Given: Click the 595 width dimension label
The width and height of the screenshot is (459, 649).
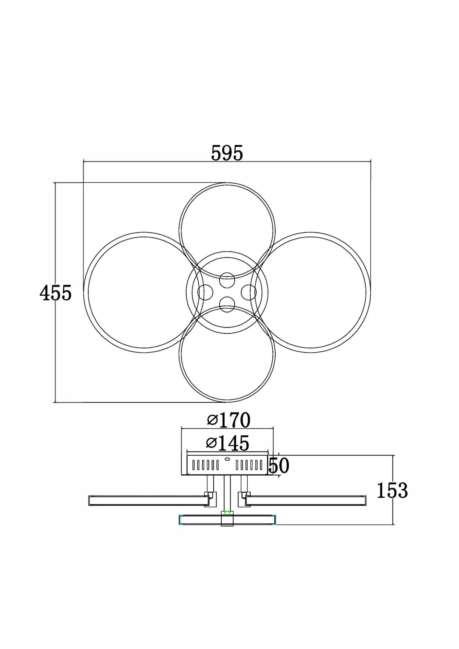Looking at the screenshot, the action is click(x=227, y=153).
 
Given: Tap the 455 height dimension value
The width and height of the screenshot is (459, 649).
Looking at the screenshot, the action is click(x=56, y=293).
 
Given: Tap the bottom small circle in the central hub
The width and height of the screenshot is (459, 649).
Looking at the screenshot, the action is click(x=227, y=304).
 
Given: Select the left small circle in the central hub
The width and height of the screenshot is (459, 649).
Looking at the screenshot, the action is click(x=205, y=292).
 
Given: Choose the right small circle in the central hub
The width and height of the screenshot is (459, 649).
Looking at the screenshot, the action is click(x=249, y=292).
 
